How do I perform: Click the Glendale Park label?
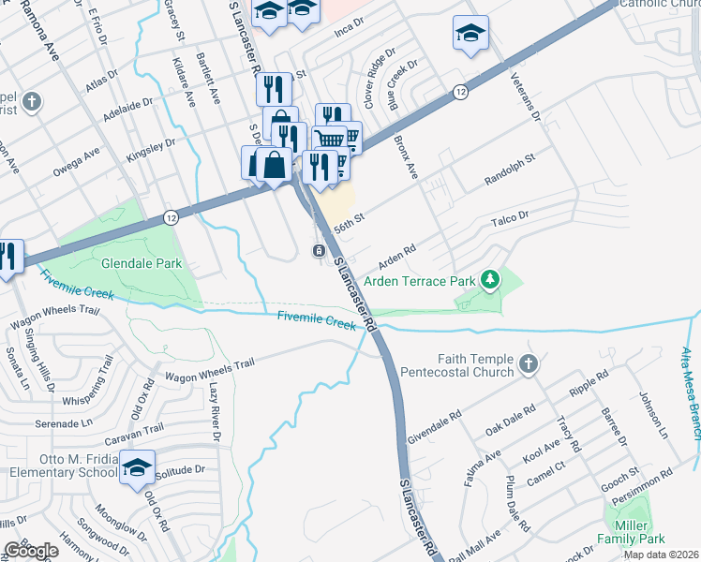141,264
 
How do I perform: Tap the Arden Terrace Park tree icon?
488,280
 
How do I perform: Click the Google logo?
30,551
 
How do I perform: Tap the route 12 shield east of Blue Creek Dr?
459,92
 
